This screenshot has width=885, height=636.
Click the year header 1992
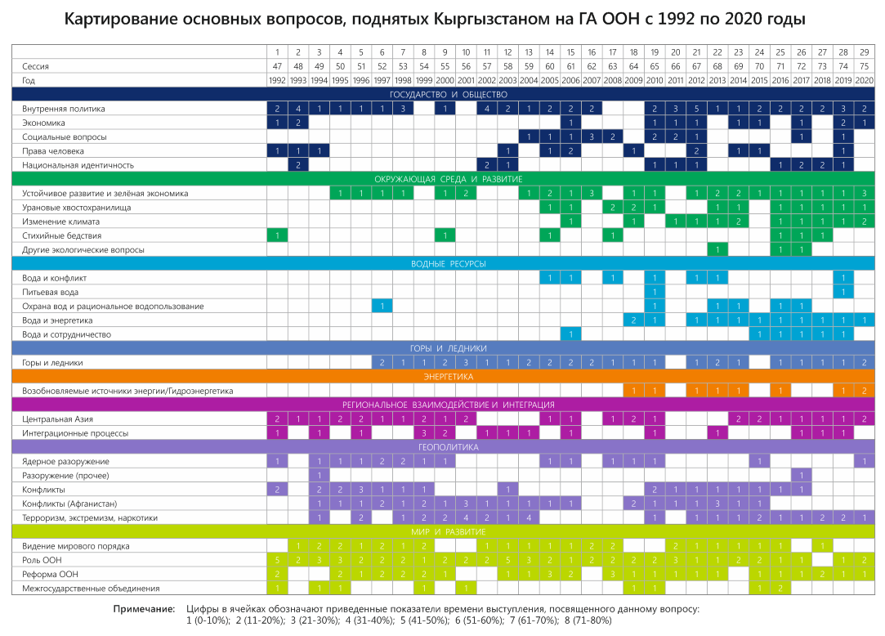pyautogui.click(x=278, y=80)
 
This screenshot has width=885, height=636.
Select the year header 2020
pyautogui.click(x=864, y=80)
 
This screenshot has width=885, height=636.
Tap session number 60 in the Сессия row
pyautogui.click(x=550, y=66)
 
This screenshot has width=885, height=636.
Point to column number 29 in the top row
pyautogui.click(x=864, y=52)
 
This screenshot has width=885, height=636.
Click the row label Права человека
pyautogui.click(x=53, y=151)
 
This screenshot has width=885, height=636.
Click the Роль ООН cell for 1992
pyautogui.click(x=278, y=560)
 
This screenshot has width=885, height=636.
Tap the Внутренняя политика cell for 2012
pyautogui.click(x=696, y=109)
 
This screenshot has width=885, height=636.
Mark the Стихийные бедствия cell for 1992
pyautogui.click(x=278, y=235)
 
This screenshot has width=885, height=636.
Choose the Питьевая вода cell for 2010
pyautogui.click(x=655, y=292)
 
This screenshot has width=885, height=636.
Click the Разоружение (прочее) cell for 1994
pyautogui.click(x=320, y=475)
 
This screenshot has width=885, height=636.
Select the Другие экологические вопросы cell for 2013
pyautogui.click(x=717, y=249)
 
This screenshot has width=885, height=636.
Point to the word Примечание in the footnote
pyautogui.click(x=144, y=609)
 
